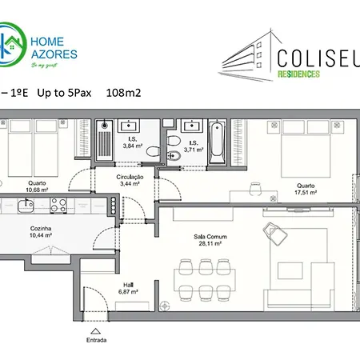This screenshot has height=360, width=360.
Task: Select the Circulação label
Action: coord(130,177)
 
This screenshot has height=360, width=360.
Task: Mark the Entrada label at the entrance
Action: coord(96,338)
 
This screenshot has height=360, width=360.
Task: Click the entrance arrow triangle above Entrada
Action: coord(96,328)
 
